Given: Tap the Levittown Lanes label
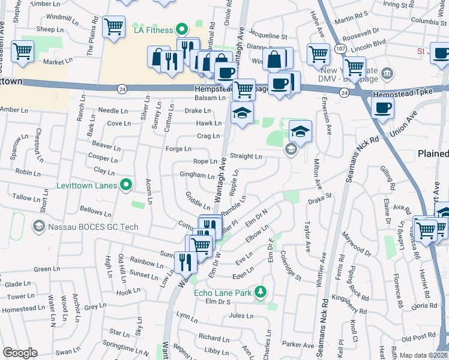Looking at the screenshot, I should (x=86, y=185).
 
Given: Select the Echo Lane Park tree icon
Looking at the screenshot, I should (x=261, y=292).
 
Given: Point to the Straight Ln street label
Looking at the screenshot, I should (x=246, y=157).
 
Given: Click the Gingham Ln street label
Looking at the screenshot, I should (x=197, y=176).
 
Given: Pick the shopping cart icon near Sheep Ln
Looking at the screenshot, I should (x=113, y=26).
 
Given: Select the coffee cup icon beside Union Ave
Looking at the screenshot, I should (x=382, y=107).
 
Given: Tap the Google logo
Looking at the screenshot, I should (x=20, y=353).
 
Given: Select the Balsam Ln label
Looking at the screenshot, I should (x=206, y=97).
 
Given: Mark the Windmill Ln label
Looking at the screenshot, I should (x=58, y=17).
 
